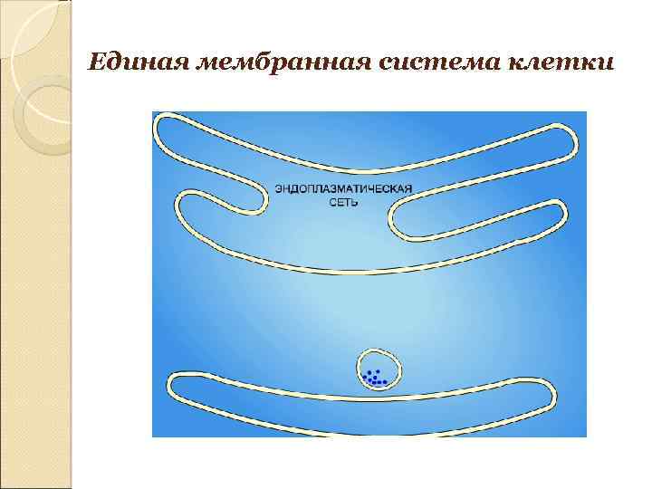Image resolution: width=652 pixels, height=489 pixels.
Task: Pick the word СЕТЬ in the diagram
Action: [343, 203]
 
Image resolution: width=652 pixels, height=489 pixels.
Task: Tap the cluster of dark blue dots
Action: [373, 377]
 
